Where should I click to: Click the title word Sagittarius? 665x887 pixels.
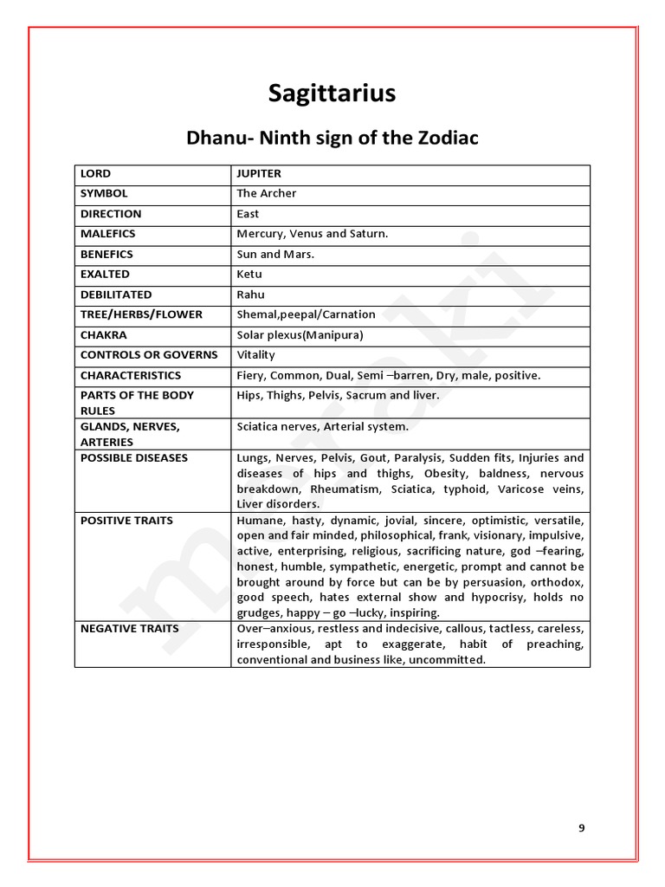332,94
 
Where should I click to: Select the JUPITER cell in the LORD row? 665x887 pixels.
259,173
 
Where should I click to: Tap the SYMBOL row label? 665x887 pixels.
104,193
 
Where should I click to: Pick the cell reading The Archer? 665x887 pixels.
267,193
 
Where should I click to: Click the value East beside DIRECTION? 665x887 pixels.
248,214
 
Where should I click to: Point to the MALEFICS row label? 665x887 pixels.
108,234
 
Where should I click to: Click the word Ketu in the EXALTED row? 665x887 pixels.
249,275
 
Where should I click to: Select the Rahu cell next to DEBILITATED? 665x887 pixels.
250,295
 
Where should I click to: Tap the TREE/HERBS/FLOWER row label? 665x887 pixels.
141,314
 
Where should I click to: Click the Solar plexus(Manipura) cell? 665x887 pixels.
300,335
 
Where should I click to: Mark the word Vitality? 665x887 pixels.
255,355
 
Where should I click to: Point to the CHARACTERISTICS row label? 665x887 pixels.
131,375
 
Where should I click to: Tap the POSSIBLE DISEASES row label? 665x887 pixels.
134,457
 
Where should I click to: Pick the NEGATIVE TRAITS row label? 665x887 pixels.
130,628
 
